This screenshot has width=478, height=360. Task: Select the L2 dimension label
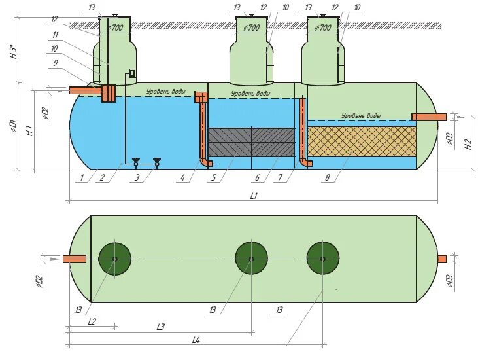[x=92, y=322]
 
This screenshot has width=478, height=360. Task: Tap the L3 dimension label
[x=160, y=327]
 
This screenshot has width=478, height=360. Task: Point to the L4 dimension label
[x=196, y=340]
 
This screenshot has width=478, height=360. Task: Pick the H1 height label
[x=29, y=130]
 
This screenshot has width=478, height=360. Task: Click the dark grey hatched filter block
[x=251, y=142]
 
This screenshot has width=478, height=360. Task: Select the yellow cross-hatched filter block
[x=361, y=141]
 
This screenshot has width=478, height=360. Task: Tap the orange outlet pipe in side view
[x=429, y=117]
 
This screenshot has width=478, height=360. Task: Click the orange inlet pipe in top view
[x=75, y=259]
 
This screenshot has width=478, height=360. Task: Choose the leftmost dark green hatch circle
[x=114, y=259]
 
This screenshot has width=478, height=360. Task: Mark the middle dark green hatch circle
[x=251, y=258]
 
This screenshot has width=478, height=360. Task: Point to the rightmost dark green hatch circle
[x=322, y=258]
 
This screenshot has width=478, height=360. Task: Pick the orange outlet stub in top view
[x=442, y=259]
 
